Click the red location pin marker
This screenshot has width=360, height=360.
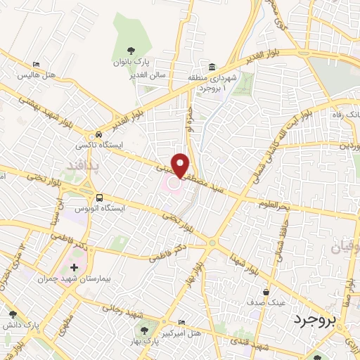pyautogui.click(x=180, y=165)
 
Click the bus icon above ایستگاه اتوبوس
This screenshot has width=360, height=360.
pyautogui.click(x=99, y=198)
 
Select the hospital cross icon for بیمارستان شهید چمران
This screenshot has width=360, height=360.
pyautogui.click(x=75, y=268)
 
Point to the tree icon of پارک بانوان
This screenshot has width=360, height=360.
pyautogui.click(x=130, y=50)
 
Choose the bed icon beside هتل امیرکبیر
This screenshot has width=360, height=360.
pyautogui.click(x=183, y=321)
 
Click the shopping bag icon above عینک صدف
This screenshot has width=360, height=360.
pyautogui.click(x=265, y=291)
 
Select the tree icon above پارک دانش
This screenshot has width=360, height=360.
pyautogui.click(x=12, y=314)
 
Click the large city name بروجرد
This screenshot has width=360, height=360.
pyautogui.click(x=314, y=321)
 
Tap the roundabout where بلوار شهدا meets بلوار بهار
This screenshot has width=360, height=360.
pyautogui.click(x=212, y=243)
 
